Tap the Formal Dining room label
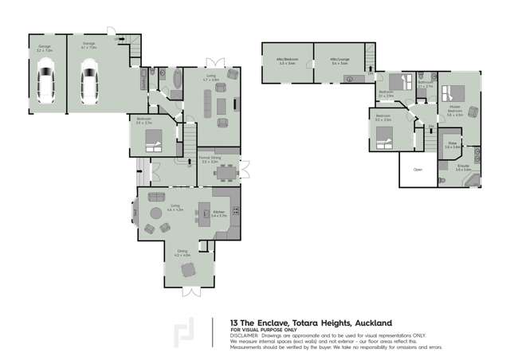210,160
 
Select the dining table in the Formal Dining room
227,171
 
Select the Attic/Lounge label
340,60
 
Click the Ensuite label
463,167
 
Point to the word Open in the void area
417,170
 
